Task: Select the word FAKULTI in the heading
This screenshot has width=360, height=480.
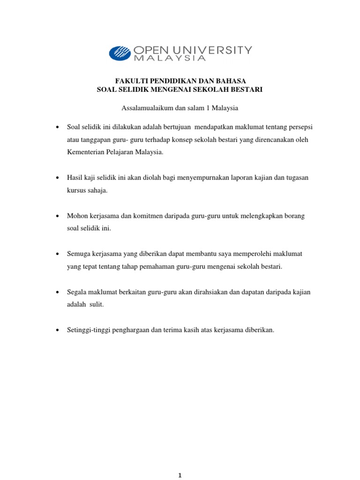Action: click(130, 81)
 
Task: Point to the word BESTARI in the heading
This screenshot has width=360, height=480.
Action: click(247, 89)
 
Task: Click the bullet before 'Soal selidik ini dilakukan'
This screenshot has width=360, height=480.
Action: click(57, 127)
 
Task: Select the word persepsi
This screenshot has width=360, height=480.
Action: click(300, 127)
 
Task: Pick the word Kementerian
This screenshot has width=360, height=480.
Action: click(85, 152)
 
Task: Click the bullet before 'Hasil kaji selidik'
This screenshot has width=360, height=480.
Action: click(57, 178)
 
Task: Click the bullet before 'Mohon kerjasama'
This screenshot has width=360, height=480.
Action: click(57, 216)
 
